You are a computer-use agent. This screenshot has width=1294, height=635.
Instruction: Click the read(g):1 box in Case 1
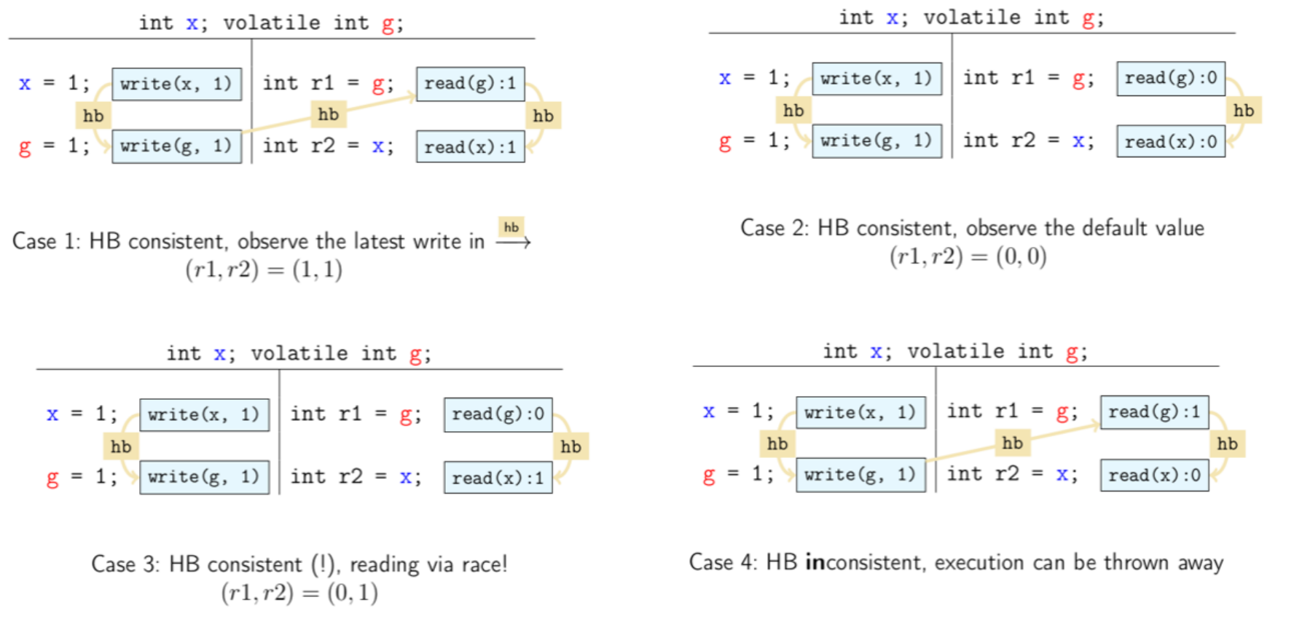click(470, 84)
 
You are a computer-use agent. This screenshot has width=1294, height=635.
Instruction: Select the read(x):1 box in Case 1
click(470, 147)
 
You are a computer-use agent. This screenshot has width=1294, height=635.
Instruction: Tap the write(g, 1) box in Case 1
click(176, 146)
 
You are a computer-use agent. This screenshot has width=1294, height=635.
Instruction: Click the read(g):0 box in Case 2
click(1170, 79)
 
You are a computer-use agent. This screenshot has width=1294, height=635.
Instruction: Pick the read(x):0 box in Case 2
click(1170, 142)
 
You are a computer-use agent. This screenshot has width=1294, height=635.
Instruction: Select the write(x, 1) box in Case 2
click(877, 79)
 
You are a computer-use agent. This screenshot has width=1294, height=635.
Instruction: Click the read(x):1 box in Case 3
click(498, 478)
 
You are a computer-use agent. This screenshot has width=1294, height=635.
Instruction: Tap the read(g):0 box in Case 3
click(498, 414)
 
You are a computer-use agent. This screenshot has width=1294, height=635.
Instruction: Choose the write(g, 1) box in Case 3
click(204, 477)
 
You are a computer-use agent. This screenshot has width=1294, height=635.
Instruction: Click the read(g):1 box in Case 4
click(1154, 412)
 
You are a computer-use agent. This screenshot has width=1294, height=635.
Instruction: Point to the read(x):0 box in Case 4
click(1154, 476)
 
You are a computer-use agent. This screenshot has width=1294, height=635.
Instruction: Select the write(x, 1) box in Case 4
click(860, 413)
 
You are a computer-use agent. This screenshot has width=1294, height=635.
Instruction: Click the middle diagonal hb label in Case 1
click(328, 114)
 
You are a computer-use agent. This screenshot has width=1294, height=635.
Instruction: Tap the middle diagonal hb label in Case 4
click(1012, 443)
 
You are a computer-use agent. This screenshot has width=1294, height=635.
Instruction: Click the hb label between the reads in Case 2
click(1243, 111)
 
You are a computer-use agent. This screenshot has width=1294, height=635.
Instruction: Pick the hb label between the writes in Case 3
click(121, 446)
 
